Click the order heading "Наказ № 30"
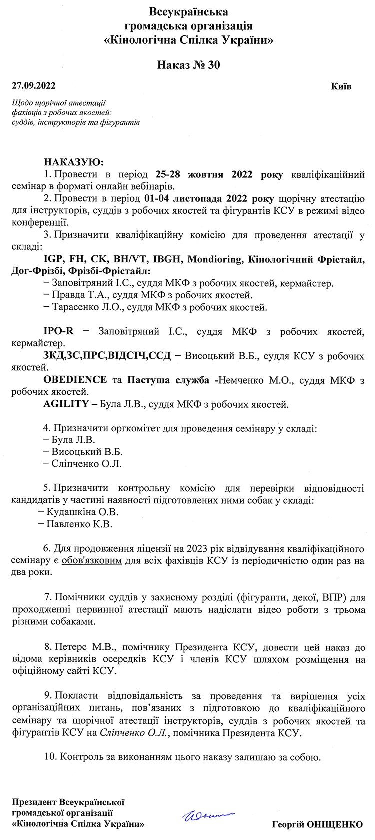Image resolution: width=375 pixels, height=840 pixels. tap(188, 65)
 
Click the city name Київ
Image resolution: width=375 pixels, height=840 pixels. tap(341, 86)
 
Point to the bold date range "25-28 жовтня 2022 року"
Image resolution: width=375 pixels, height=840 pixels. tap(219, 174)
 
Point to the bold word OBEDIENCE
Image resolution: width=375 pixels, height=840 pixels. tap(75, 380)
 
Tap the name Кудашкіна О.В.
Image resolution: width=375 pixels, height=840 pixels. tap(82, 512)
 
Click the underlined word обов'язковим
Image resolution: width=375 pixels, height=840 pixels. tap(92, 561)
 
